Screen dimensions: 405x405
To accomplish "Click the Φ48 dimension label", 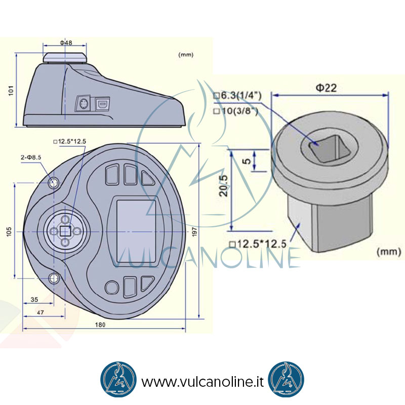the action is [66, 43].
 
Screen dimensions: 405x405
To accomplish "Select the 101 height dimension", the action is [11, 91].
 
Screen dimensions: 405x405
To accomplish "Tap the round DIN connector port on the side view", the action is [84, 104].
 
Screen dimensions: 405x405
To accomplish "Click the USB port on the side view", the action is [103, 104].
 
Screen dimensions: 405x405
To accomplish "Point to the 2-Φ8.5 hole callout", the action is [31, 157].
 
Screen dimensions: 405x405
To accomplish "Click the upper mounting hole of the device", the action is [54, 183].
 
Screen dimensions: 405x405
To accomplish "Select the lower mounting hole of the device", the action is [54, 278].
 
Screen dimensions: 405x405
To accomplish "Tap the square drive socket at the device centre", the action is [65, 231].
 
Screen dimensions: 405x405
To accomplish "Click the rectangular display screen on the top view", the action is [136, 231].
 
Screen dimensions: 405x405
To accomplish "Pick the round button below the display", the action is [112, 288].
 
